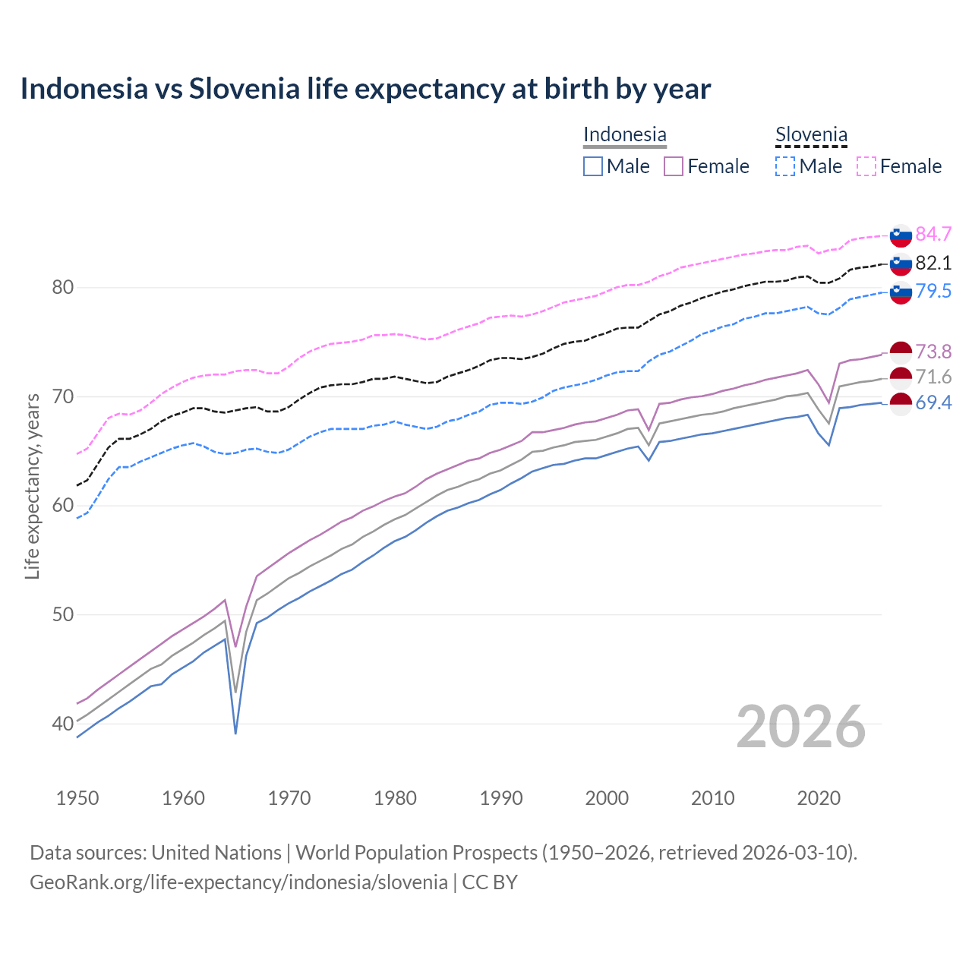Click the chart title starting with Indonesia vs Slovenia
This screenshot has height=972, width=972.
(x=365, y=89)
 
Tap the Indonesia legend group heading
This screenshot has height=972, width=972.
(x=624, y=134)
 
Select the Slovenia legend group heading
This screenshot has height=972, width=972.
(x=811, y=134)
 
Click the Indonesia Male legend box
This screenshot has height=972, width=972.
(x=593, y=166)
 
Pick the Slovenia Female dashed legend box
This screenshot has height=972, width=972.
(x=866, y=166)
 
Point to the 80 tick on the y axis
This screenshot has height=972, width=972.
(x=62, y=287)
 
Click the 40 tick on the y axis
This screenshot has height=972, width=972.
(x=62, y=724)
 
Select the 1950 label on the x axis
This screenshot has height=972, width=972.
(x=77, y=798)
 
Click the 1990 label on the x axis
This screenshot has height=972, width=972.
(x=501, y=798)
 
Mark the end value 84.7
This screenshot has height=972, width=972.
(x=933, y=234)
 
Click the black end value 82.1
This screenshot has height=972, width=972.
(x=933, y=263)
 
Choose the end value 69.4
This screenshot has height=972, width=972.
(x=933, y=402)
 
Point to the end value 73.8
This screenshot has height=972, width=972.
(x=933, y=352)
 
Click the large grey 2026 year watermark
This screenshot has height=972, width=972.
(x=801, y=727)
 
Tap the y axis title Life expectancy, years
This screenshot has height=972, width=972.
(x=32, y=486)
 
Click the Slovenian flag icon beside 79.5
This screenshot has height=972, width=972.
(x=901, y=292)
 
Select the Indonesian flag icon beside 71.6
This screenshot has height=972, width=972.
(x=901, y=377)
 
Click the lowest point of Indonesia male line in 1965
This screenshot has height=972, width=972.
(x=235, y=734)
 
